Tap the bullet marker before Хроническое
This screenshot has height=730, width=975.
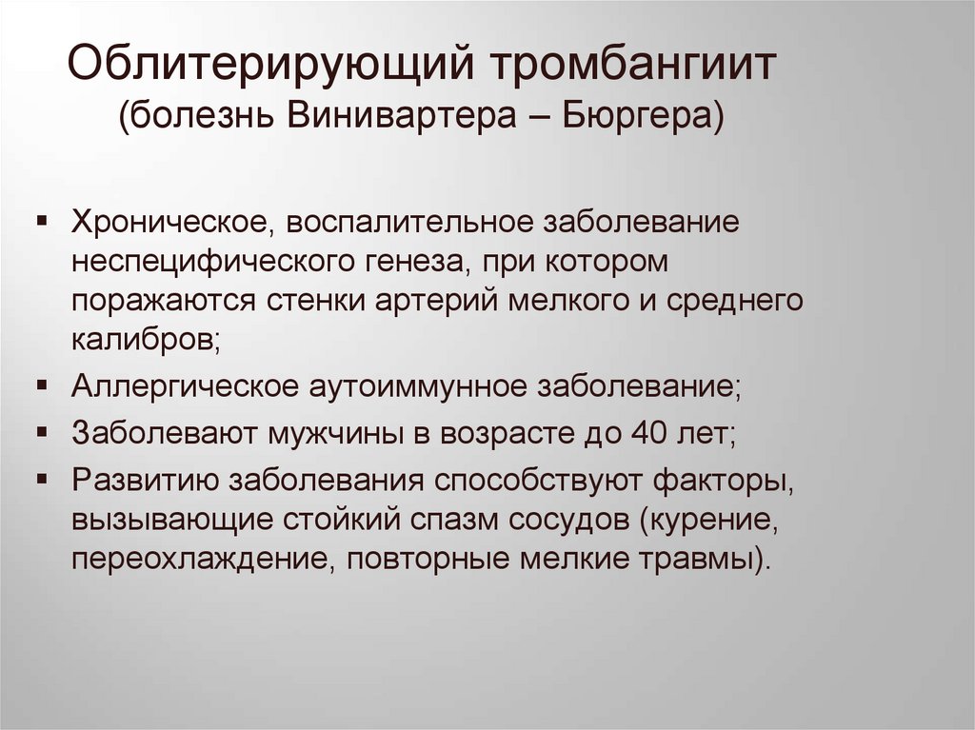coord(44,222)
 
